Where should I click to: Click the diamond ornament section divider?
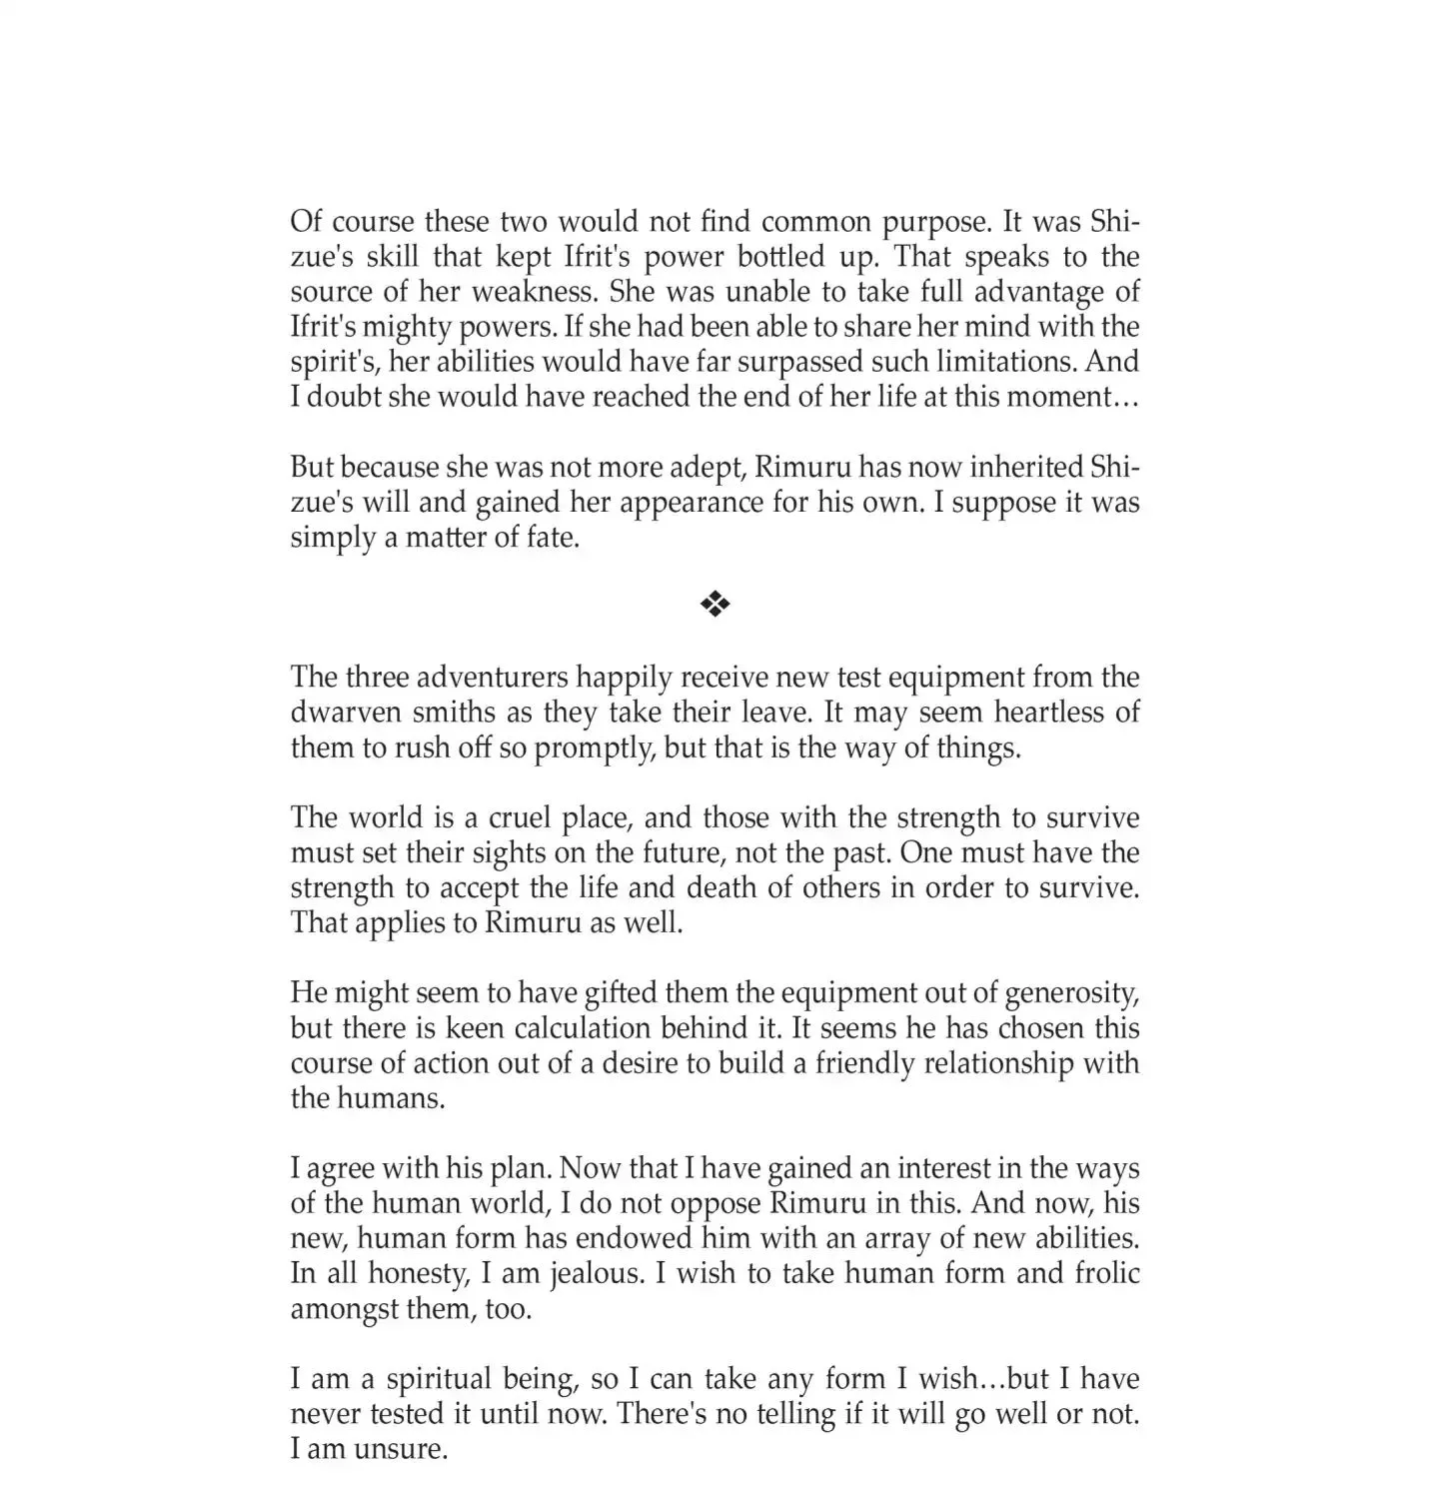coord(716,604)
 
